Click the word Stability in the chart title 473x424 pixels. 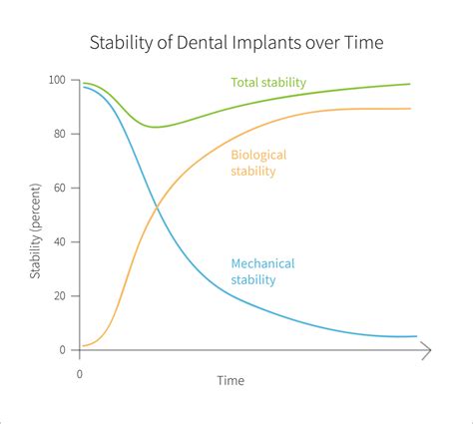click(x=121, y=43)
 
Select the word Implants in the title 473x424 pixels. click(x=262, y=43)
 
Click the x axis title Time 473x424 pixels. click(x=231, y=381)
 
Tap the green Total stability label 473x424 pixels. click(x=269, y=82)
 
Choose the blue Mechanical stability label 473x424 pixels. click(x=263, y=271)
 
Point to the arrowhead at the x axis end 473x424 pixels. click(x=426, y=350)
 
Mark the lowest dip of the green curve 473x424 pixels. click(x=157, y=127)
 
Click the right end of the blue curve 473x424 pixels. click(x=415, y=336)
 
